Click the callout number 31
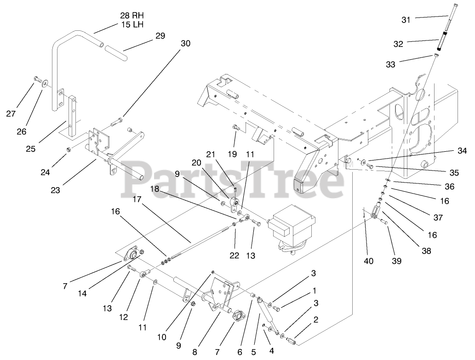[406, 19]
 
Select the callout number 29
[160, 36]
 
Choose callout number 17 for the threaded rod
[137, 200]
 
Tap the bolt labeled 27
[37, 80]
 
